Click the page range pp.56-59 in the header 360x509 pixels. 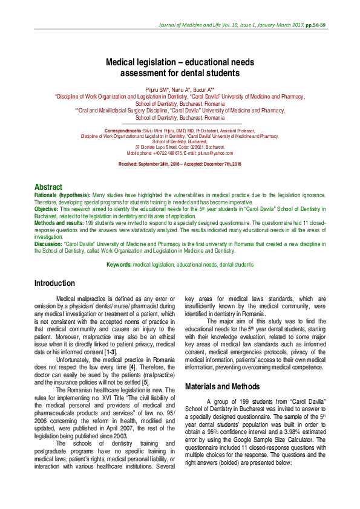pos(315,25)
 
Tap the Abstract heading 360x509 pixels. pos(48,187)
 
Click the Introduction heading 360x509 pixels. pos(54,283)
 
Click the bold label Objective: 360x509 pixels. pos(46,209)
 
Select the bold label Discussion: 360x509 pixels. pos(48,243)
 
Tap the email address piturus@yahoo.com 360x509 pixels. pos(216,154)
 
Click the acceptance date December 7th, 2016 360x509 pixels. pos(220,164)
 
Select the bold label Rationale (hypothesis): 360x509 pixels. pos(62,196)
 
